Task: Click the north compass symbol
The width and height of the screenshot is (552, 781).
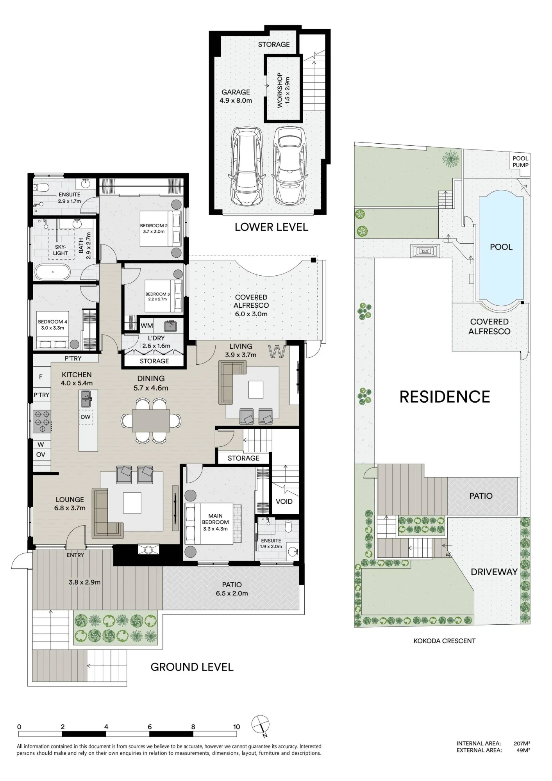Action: pos(261,726)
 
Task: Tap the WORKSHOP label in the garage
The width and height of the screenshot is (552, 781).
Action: pos(280,90)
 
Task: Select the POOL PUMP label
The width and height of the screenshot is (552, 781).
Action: pos(520,162)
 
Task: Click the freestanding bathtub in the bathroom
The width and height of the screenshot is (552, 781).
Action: pos(53,273)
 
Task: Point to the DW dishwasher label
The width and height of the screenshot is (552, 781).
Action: pos(86,417)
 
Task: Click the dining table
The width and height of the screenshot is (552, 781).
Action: pos(151,421)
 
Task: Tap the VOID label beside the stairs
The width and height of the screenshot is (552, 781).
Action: pos(284,501)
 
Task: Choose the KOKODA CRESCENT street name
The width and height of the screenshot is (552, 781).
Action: pos(445,641)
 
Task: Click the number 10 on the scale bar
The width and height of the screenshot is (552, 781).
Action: pos(236,727)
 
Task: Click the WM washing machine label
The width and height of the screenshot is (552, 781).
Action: pos(147,325)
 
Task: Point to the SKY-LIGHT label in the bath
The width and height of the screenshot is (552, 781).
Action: pos(61,250)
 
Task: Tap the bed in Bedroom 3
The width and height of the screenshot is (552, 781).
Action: pos(164,296)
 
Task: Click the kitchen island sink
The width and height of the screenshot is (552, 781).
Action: pos(86,399)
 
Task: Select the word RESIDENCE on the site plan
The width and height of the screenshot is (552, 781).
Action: pos(445,397)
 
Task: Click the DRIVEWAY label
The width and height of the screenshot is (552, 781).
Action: pos(494,572)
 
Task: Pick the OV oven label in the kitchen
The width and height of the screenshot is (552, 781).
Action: pos(41,455)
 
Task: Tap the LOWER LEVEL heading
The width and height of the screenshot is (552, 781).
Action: pos(272,227)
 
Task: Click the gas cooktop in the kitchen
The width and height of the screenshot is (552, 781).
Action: pos(43,421)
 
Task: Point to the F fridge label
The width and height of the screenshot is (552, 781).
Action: pos(41,377)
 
